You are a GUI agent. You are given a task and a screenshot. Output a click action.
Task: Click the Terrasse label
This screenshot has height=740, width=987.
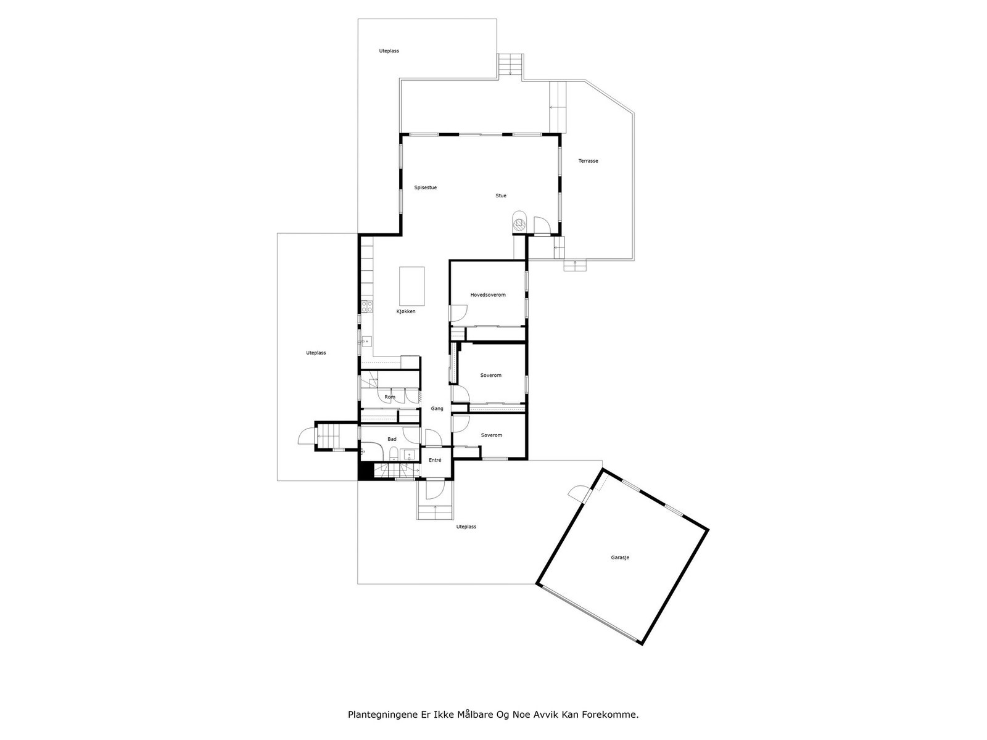(588, 161)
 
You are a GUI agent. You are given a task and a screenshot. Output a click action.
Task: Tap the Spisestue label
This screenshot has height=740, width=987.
(425, 187)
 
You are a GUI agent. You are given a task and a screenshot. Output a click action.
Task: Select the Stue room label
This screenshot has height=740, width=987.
(501, 196)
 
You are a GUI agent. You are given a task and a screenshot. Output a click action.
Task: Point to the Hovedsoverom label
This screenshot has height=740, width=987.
(487, 295)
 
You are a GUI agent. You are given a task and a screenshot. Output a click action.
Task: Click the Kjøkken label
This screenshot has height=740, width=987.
(406, 311)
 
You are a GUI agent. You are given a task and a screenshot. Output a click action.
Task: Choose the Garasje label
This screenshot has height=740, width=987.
(620, 557)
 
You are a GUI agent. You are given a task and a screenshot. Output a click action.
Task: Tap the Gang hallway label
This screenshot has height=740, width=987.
(437, 409)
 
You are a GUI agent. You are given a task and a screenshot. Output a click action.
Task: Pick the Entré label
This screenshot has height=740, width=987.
(435, 460)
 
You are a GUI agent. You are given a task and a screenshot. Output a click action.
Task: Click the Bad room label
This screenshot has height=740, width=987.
(392, 439)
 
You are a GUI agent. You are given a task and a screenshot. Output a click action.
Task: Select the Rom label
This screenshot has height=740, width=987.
(390, 397)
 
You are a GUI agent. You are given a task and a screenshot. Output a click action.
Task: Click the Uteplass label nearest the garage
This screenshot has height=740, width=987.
(466, 527)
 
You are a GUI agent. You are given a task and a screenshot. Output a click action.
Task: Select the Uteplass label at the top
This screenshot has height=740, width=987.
(389, 51)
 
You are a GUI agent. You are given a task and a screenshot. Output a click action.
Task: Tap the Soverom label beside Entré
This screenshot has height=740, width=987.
(491, 435)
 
